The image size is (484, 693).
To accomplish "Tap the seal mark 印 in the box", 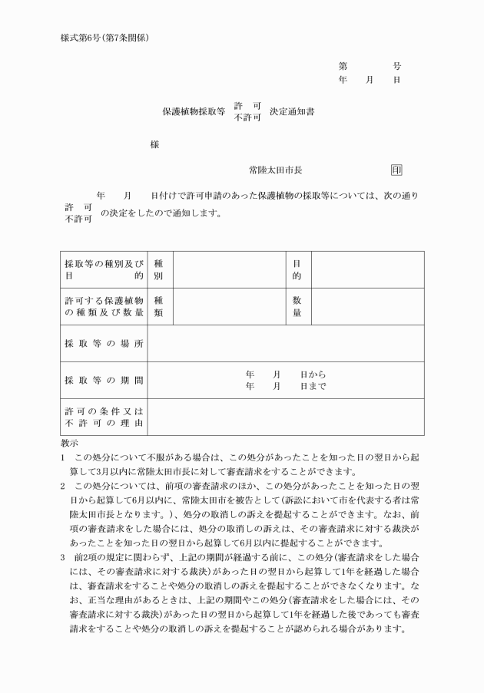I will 396,170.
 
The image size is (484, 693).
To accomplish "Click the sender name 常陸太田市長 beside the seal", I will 280,170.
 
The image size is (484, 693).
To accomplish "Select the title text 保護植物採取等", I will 193,111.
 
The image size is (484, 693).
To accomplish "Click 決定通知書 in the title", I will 292,111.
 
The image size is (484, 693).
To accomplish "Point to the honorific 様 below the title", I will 154,144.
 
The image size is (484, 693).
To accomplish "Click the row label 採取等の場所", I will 104,344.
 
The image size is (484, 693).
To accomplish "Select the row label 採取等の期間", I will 104,381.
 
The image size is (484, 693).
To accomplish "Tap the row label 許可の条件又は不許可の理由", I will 104,417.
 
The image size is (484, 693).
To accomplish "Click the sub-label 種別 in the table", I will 159,269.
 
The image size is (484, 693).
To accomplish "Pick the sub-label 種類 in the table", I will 159,307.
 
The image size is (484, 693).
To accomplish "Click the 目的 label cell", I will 297,269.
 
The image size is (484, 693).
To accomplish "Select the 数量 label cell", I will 297,307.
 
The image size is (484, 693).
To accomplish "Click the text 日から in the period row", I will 313,375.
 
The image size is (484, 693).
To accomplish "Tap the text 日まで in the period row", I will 313,386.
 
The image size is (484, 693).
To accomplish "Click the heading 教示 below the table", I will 69,444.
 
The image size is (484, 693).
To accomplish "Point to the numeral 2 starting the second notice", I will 63,486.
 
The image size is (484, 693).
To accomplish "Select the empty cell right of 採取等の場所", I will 285,344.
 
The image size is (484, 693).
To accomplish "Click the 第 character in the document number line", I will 343,67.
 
